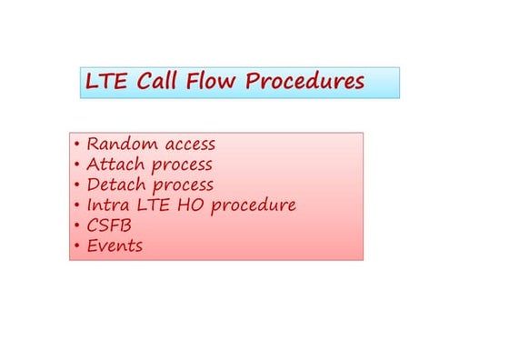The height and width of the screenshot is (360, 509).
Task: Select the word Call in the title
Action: pos(160,82)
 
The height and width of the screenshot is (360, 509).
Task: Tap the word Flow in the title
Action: pos(215,82)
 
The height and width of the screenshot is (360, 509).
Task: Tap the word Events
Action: pos(115,245)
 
